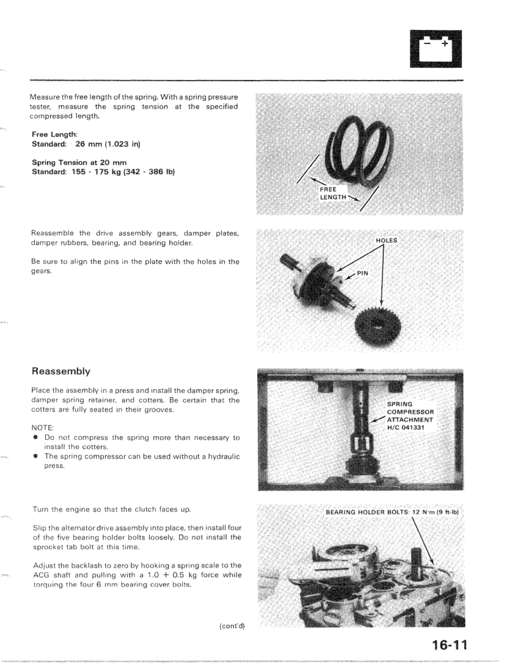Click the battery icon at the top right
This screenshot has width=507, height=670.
tap(436, 49)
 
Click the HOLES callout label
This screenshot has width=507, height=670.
tap(386, 241)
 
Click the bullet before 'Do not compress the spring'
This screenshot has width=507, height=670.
tap(35, 439)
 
